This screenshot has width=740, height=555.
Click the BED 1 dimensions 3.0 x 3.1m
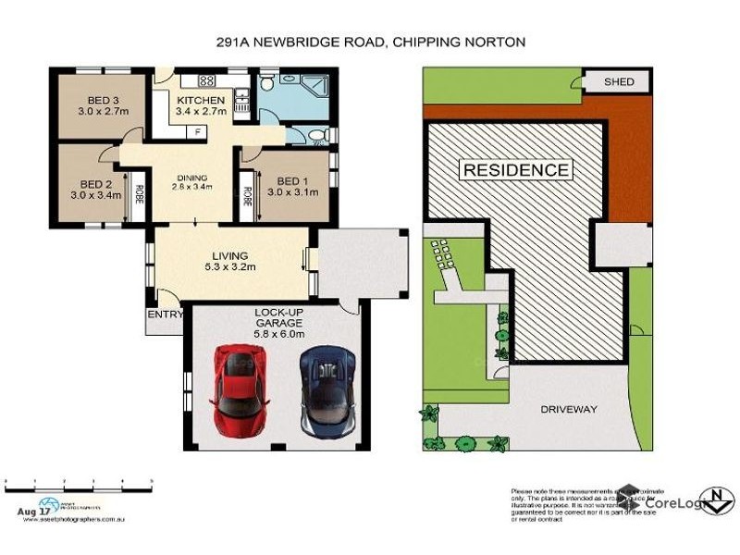coord(292,192)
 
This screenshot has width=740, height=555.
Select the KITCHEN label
coord(201,101)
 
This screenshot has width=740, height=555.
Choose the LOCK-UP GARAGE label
coord(278,318)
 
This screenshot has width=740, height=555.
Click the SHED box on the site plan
coord(619,82)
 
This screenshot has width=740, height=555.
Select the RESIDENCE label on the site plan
coord(515,170)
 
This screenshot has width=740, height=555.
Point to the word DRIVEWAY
coord(568,409)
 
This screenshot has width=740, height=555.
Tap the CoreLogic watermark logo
coord(659,501)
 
